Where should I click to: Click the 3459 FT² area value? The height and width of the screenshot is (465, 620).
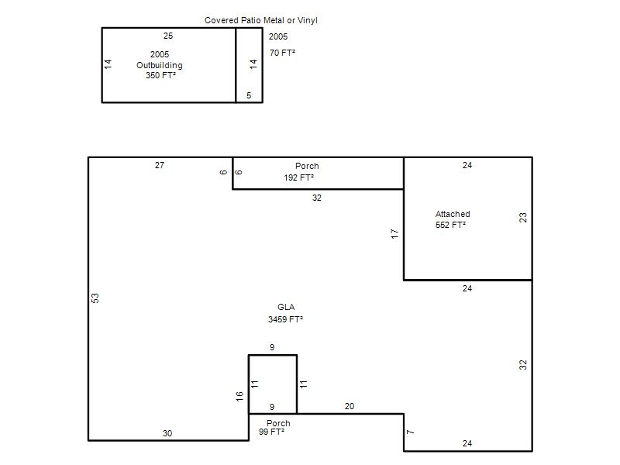click(x=285, y=319)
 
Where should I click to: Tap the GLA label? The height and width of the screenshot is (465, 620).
click(x=286, y=307)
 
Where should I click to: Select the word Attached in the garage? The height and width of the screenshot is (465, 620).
click(x=453, y=214)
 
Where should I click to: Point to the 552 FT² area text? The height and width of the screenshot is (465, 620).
click(x=450, y=225)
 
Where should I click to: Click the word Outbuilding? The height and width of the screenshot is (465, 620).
click(x=160, y=65)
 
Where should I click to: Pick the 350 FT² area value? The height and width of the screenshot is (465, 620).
click(x=160, y=75)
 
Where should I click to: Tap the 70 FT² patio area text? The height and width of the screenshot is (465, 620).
click(x=282, y=53)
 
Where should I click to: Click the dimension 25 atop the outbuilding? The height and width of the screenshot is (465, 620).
click(x=168, y=36)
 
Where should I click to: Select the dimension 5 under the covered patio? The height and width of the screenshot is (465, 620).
click(x=249, y=95)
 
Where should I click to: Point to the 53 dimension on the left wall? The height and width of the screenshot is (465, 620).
click(x=95, y=298)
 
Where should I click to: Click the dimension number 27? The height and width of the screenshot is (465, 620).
click(x=160, y=165)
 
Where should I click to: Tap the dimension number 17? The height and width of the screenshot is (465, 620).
click(x=394, y=234)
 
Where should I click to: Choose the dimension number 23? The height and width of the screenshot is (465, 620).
click(x=522, y=218)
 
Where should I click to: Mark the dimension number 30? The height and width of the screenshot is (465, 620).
click(x=167, y=433)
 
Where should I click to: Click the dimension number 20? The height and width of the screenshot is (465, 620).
click(x=350, y=406)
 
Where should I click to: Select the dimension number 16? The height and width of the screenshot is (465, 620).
click(x=239, y=397)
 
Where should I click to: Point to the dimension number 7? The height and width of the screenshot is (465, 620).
click(x=411, y=432)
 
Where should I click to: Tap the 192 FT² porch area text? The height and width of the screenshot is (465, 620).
click(x=298, y=177)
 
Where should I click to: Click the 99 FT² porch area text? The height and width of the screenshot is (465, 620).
click(x=272, y=432)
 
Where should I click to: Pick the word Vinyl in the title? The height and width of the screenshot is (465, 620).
click(x=307, y=20)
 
